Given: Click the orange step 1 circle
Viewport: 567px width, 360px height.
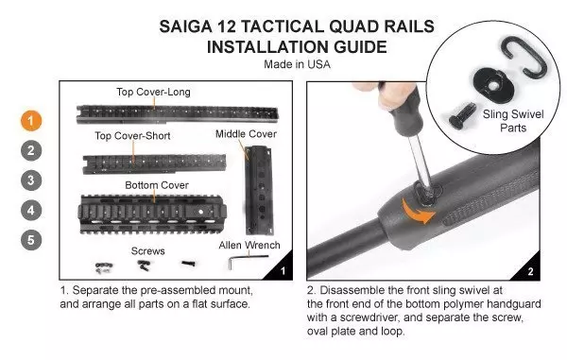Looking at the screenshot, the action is pyautogui.click(x=32, y=120).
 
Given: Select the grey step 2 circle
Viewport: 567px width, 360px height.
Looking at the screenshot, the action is pyautogui.click(x=32, y=149).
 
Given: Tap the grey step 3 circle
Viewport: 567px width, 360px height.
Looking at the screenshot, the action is pyautogui.click(x=32, y=179).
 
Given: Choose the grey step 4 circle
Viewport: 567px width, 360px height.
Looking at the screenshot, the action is pyautogui.click(x=32, y=209).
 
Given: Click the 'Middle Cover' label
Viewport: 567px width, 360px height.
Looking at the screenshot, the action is pyautogui.click(x=245, y=134).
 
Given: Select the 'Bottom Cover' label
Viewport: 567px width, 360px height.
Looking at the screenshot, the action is pyautogui.click(x=157, y=184).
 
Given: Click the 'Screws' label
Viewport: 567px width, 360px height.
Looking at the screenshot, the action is pyautogui.click(x=147, y=251).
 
